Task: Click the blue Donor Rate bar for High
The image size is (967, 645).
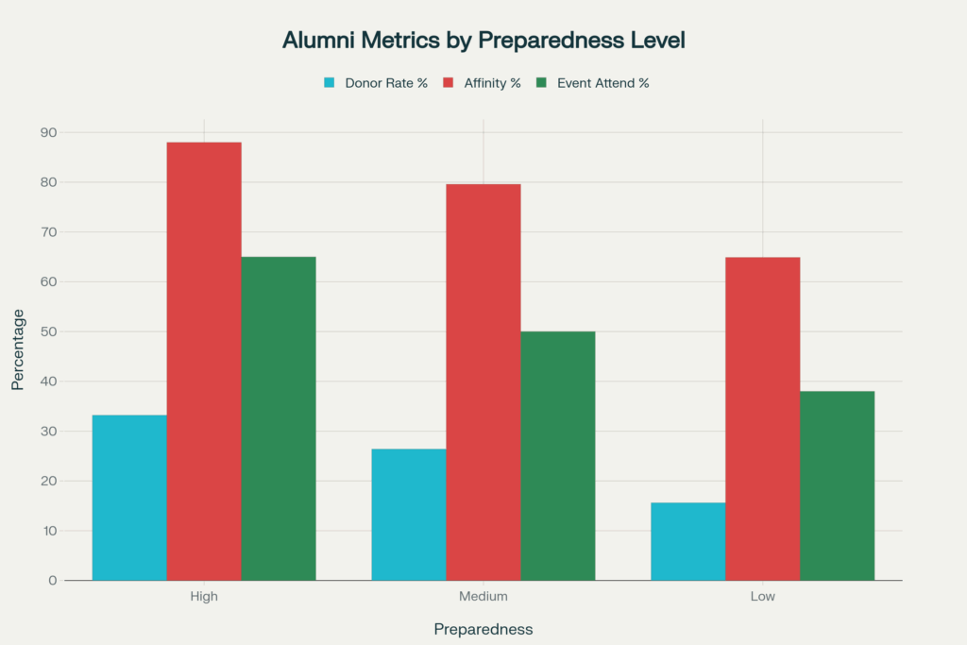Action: click(x=129, y=498)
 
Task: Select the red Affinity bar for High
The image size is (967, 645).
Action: click(x=204, y=361)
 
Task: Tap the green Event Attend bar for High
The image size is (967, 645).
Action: click(x=279, y=418)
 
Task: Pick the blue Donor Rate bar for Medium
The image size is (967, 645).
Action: click(x=409, y=515)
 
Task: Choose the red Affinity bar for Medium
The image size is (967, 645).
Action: click(x=483, y=382)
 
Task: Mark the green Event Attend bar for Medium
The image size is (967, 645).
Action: click(x=558, y=455)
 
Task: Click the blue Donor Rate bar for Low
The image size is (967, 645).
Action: click(x=688, y=541)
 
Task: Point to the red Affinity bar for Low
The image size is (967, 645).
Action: click(x=763, y=418)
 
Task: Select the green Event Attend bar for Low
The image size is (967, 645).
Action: click(x=838, y=485)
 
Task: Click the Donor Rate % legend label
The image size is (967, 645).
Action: click(x=385, y=83)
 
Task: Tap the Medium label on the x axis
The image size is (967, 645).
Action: click(x=483, y=597)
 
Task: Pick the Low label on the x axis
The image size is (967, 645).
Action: click(x=763, y=597)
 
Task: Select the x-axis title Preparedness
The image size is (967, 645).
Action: click(x=483, y=629)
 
